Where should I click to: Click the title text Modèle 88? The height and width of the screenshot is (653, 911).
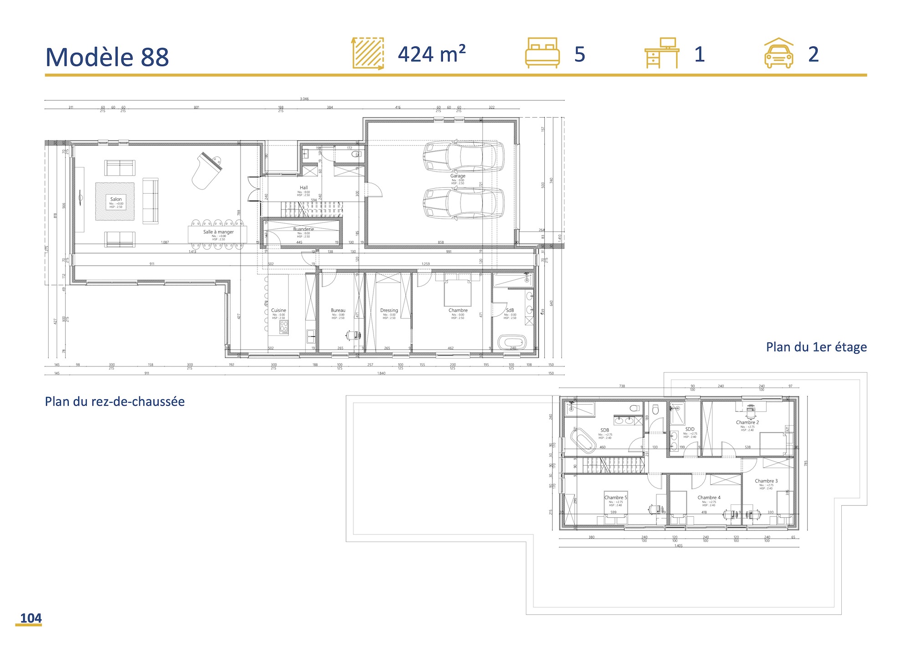(107, 57)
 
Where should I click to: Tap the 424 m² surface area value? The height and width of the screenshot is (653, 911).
(431, 54)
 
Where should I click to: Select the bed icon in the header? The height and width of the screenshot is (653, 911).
(542, 53)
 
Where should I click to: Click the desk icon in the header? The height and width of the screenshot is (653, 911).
(662, 53)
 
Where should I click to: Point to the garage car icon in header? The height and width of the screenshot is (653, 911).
(778, 53)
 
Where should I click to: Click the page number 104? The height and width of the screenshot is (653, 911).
(31, 618)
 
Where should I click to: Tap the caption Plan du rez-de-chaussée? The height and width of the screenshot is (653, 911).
(115, 401)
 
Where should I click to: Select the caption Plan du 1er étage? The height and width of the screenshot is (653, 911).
(816, 347)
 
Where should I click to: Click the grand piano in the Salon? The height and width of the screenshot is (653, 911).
(207, 170)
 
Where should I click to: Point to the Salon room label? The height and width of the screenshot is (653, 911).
(116, 199)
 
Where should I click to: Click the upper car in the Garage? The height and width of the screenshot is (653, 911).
(463, 156)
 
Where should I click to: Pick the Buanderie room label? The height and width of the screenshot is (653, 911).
(303, 229)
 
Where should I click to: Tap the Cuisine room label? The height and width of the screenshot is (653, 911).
(278, 310)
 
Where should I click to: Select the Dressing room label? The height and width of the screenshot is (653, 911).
(389, 310)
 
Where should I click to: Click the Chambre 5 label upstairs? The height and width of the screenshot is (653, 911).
(615, 498)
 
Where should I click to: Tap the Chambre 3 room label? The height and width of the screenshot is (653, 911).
(766, 481)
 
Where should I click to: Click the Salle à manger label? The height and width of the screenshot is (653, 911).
(218, 232)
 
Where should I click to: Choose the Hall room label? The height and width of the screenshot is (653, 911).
(304, 188)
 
